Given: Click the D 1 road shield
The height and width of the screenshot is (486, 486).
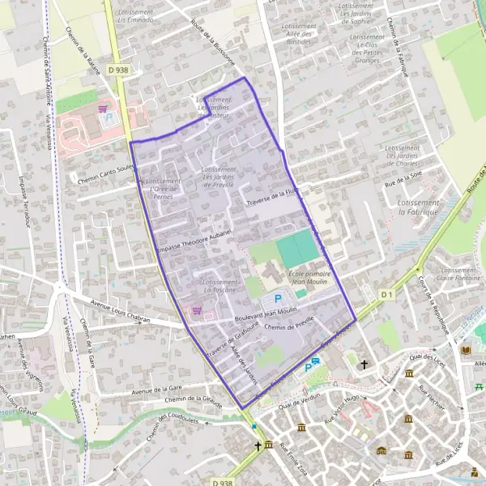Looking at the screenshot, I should pyautogui.click(x=386, y=294).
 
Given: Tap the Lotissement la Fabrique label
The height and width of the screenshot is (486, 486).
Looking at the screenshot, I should pyautogui.click(x=418, y=206).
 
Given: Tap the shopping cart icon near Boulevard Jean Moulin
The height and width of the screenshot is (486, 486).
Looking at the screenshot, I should pyautogui.click(x=195, y=310).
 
